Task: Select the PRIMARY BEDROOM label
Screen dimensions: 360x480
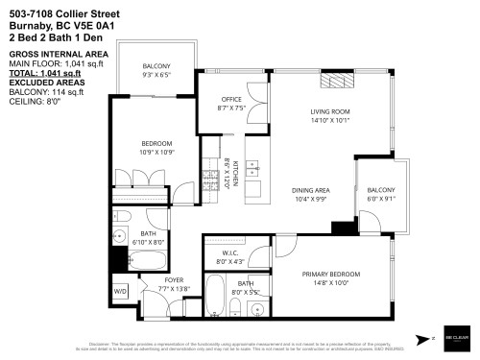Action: click(x=328, y=275)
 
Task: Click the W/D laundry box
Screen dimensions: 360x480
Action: click(x=120, y=290)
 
